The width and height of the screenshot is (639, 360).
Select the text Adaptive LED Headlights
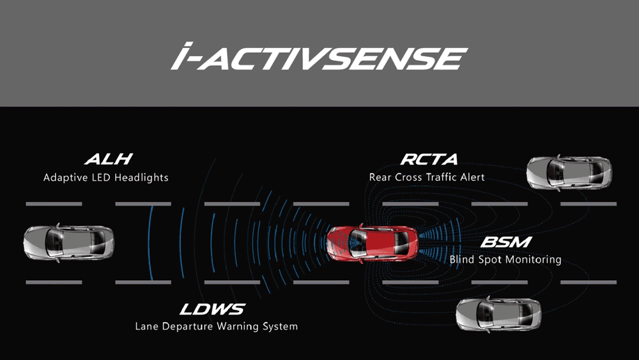[106, 177]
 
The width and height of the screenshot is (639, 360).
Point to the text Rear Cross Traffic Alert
[427, 176]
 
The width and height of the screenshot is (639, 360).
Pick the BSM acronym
[505, 242]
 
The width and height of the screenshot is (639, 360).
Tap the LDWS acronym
[212, 309]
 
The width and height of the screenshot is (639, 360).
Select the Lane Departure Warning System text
[217, 326]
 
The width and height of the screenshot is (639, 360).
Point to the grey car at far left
[68, 242]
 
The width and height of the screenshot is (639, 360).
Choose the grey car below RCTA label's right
[569, 172]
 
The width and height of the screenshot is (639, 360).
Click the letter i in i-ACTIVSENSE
[181, 56]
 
